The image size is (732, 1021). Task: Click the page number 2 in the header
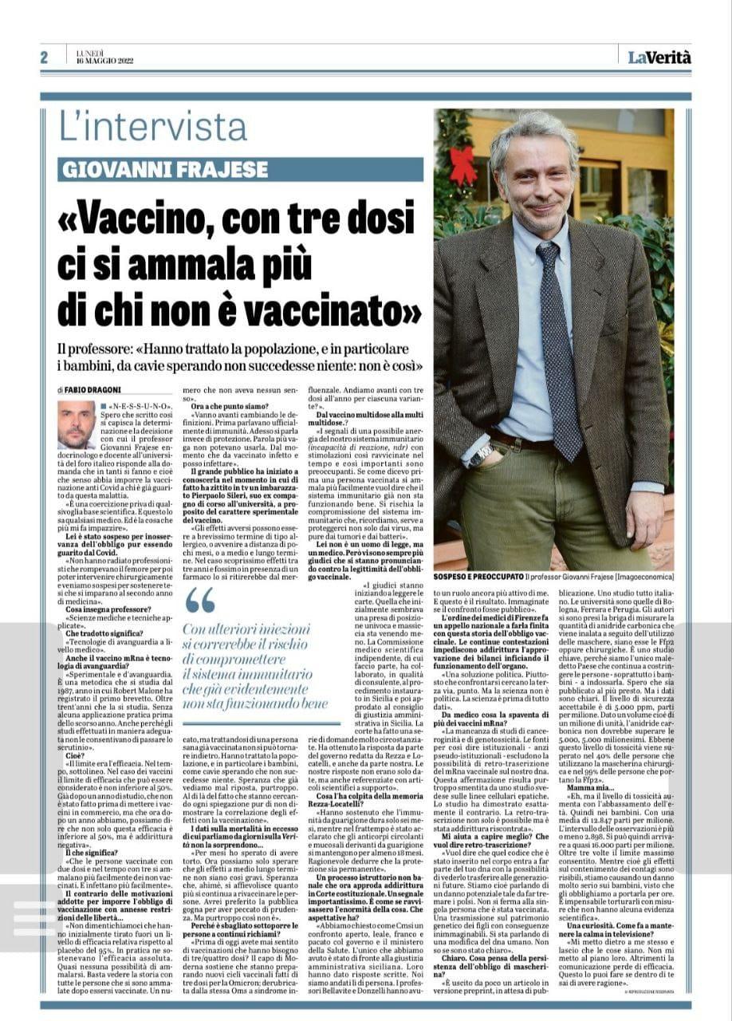(45, 57)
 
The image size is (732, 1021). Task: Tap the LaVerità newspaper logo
(659, 57)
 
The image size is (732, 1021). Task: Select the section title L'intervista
(153, 126)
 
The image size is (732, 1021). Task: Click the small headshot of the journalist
(77, 424)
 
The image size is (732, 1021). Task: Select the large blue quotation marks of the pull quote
(199, 601)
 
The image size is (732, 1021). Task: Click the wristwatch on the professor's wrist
(482, 455)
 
